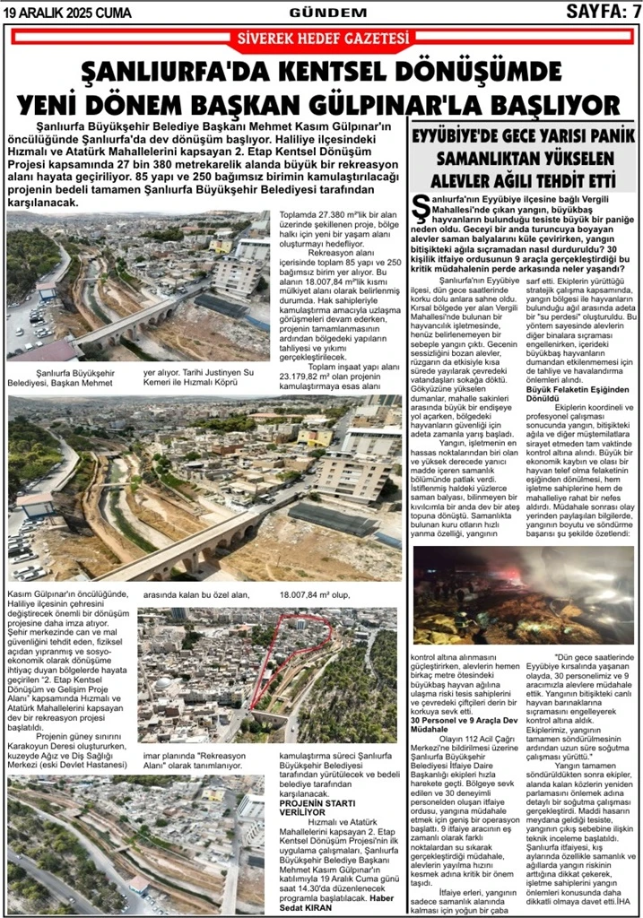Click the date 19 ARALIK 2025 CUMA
pos(68,13)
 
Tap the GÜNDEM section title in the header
pos(328,13)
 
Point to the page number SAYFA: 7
pos(602,12)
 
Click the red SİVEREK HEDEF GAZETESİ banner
pos(321,39)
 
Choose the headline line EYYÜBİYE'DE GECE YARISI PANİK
pos(525,137)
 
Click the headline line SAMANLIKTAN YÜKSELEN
pos(525,159)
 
